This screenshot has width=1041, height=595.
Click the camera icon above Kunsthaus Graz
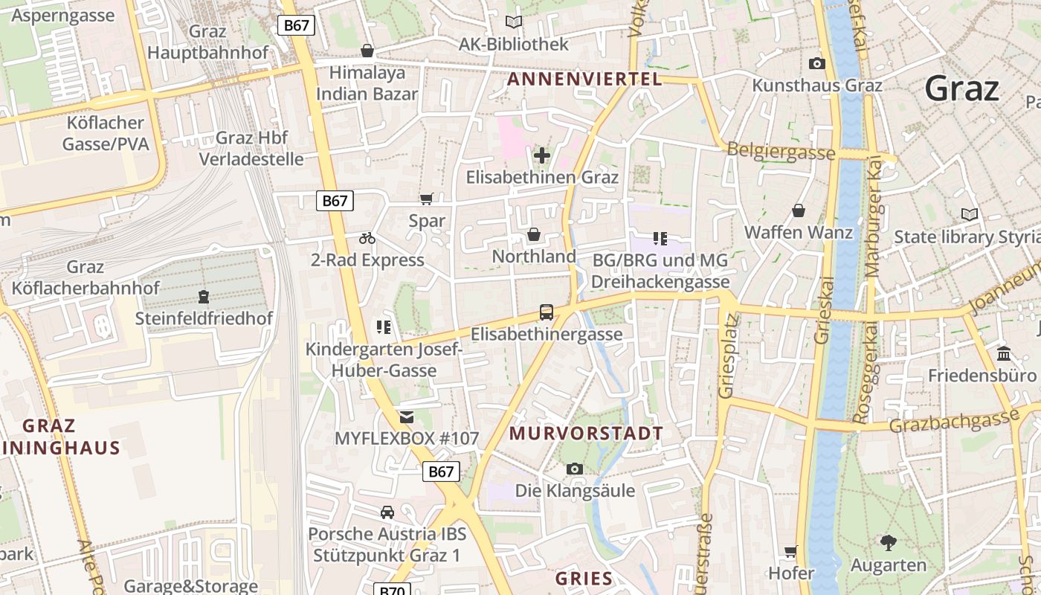click(816, 64)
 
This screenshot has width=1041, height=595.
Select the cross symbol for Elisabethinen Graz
click(542, 155)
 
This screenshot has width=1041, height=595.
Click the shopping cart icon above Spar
click(426, 199)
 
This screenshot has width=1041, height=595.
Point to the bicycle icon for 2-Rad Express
click(367, 239)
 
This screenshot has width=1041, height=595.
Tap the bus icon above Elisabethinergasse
click(547, 312)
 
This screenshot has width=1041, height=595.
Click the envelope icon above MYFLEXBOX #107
click(406, 417)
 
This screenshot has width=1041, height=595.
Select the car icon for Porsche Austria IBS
click(387, 512)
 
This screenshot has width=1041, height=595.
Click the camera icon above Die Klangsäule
click(575, 469)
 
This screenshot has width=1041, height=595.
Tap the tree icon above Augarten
click(888, 543)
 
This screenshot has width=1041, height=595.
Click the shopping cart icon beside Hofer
click(791, 552)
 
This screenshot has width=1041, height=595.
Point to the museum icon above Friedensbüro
click(1004, 353)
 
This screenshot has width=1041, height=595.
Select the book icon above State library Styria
click(970, 215)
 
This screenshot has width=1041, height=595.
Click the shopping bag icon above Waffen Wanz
click(799, 211)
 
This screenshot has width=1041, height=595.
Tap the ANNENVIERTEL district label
click(584, 79)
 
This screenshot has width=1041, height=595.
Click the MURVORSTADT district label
click(586, 433)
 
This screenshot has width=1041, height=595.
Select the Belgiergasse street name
click(781, 151)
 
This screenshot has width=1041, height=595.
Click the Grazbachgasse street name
click(953, 422)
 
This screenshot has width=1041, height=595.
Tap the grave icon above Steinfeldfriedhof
click(203, 297)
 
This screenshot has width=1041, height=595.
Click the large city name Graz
click(962, 89)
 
